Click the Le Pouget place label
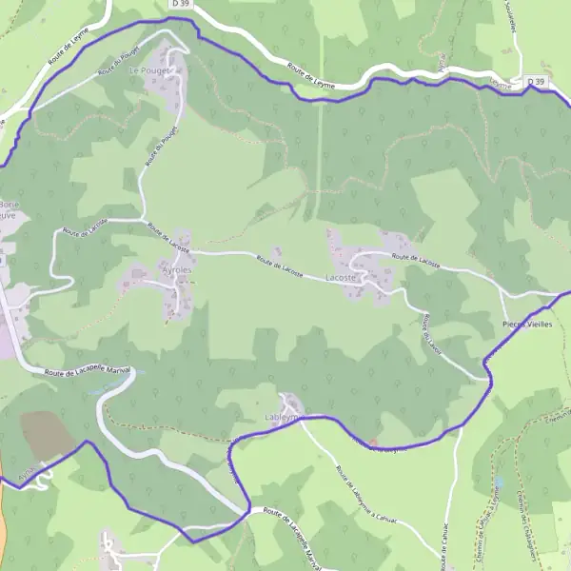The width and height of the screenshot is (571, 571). pyautogui.click(x=148, y=71)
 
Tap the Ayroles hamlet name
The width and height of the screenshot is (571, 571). pyautogui.click(x=177, y=270)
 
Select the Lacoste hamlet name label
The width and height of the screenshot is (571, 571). pyautogui.click(x=341, y=278)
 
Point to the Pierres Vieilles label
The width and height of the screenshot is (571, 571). pyautogui.click(x=526, y=325)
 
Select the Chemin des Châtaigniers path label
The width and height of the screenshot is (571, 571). pyautogui.click(x=524, y=532)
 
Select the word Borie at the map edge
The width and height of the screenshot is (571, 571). pyautogui.click(x=8, y=205)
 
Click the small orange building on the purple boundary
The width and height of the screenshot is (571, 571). pyautogui.click(x=373, y=443)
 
